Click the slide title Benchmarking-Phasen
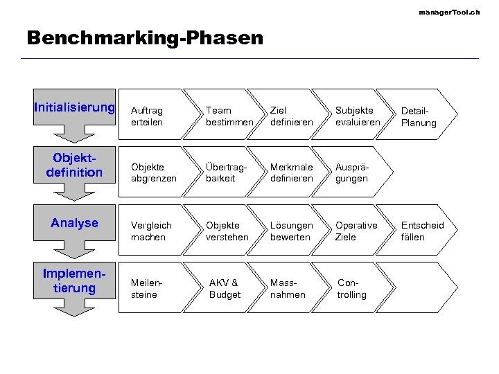pyautogui.click(x=145, y=37)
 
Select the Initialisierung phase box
pyautogui.click(x=74, y=108)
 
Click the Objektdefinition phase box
pyautogui.click(x=74, y=166)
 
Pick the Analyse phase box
pyautogui.click(x=74, y=223)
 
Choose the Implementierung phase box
pyautogui.click(x=74, y=280)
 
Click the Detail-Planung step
pyautogui.click(x=419, y=116)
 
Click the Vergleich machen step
pyautogui.click(x=148, y=231)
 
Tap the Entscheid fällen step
pyautogui.click(x=422, y=231)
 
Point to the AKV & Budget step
pyautogui.click(x=225, y=289)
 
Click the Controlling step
pyautogui.click(x=352, y=289)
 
